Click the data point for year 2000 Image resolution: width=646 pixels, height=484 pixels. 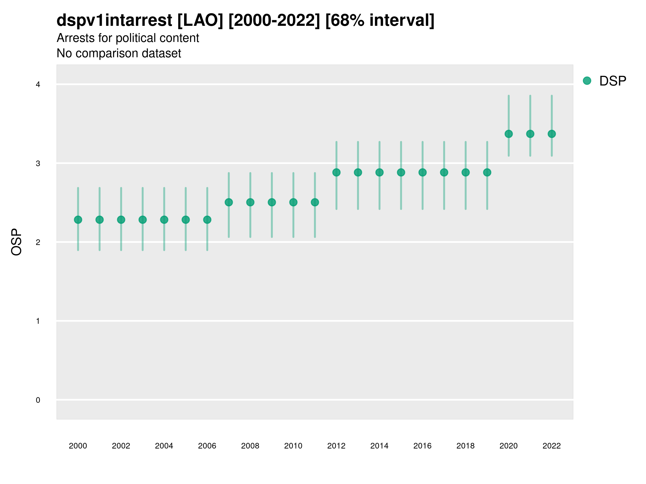[78, 220]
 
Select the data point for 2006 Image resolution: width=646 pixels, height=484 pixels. [207, 220]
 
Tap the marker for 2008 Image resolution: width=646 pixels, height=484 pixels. [250, 202]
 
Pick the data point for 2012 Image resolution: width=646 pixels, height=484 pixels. [336, 172]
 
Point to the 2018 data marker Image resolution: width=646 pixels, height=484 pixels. [465, 172]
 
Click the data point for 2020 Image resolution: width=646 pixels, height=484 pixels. [508, 134]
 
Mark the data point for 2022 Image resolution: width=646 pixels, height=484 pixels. [552, 134]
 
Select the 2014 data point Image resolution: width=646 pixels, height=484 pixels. [379, 172]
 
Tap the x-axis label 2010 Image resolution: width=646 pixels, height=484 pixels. [293, 446]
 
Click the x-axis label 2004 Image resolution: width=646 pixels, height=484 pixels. [164, 446]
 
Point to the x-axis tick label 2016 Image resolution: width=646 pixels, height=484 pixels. [422, 446]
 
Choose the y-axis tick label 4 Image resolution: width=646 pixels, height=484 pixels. [38, 85]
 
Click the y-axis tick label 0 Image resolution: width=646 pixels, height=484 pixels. [38, 400]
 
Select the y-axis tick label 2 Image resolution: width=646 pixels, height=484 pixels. [38, 242]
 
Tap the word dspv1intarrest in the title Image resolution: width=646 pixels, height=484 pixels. [114, 20]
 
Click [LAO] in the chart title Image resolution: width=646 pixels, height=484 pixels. [200, 20]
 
